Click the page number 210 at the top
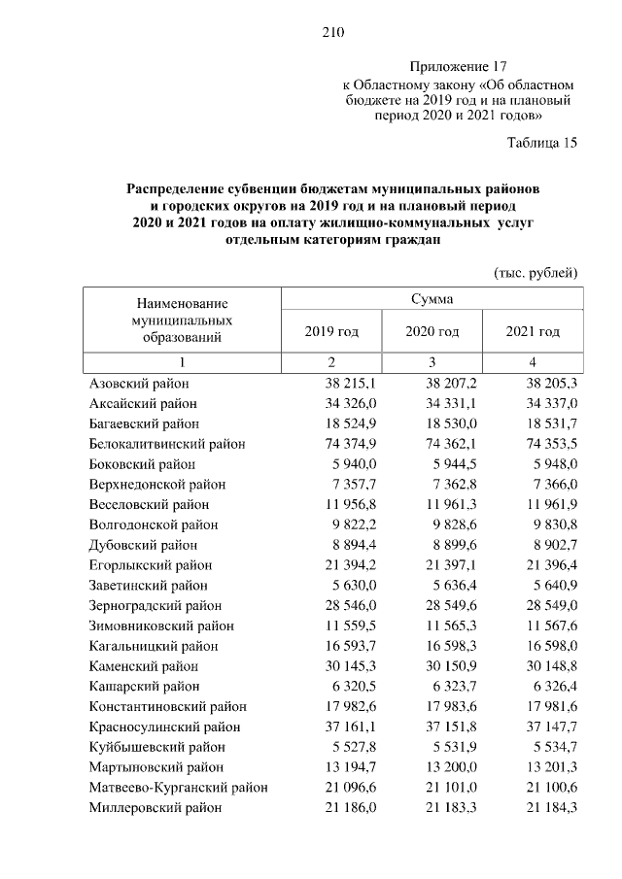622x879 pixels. pos(334,33)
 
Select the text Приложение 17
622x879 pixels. pos(459,66)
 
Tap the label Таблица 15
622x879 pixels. pos(542,143)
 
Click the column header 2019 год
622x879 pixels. pos(331,332)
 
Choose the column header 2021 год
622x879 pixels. pos(533,332)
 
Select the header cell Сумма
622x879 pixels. pos(432,298)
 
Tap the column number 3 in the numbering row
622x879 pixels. pos(432,362)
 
